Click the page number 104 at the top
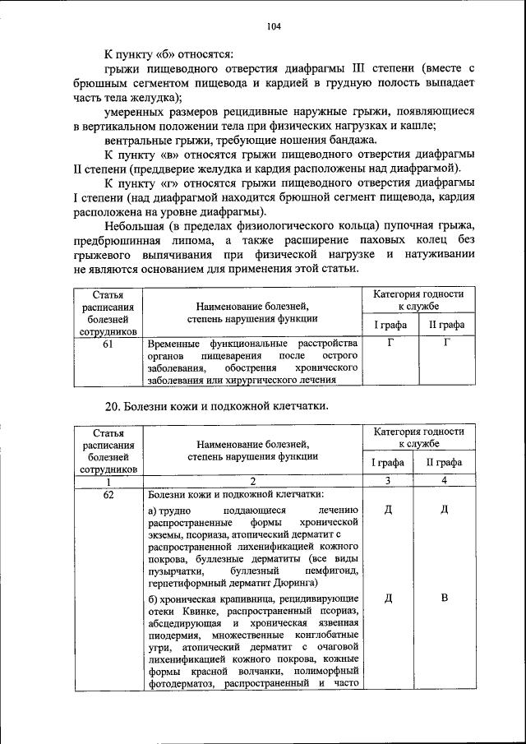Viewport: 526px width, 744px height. [274, 26]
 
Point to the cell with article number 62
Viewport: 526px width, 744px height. [108, 495]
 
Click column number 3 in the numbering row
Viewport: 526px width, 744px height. [388, 481]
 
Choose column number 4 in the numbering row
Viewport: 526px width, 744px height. [444, 481]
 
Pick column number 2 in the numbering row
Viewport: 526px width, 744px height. [252, 481]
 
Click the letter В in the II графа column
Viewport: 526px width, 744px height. [444, 597]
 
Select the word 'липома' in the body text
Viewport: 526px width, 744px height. [196, 239]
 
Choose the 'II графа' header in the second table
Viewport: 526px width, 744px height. [444, 462]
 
